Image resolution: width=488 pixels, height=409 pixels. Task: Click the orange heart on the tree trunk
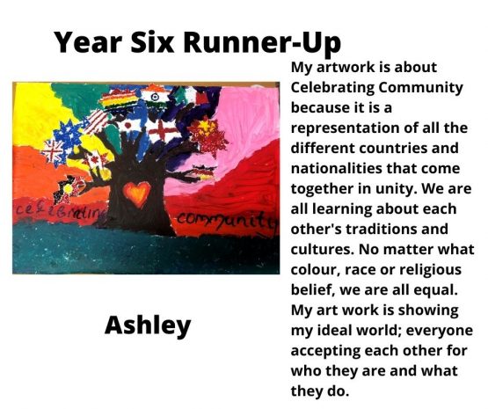tap(136, 194)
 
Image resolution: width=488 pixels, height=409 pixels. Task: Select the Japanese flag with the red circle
tap(128, 126)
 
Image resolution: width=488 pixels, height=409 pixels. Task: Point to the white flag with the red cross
tap(163, 130)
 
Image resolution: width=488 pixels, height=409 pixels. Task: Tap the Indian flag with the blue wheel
tap(155, 97)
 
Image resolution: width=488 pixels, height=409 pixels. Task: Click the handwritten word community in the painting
tap(227, 220)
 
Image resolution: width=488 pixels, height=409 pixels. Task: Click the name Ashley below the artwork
tap(148, 325)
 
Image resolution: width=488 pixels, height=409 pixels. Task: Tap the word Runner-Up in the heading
tap(262, 43)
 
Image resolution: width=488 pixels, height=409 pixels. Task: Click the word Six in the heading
tap(151, 41)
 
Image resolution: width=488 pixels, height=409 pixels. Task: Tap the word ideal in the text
tap(331, 330)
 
